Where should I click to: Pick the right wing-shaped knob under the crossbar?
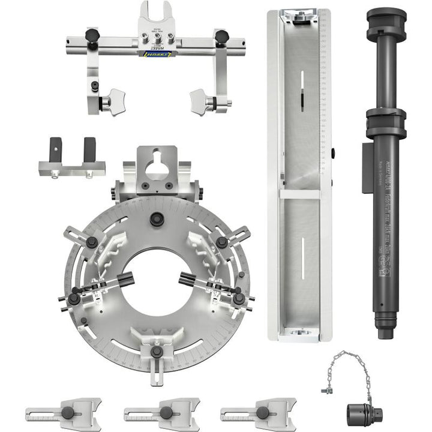202,103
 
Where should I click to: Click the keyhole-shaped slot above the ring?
158,162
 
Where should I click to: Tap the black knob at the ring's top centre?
158,219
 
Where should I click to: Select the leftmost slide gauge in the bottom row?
64,413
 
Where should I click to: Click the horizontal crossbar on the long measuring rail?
299,194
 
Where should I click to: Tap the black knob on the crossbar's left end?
92,35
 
